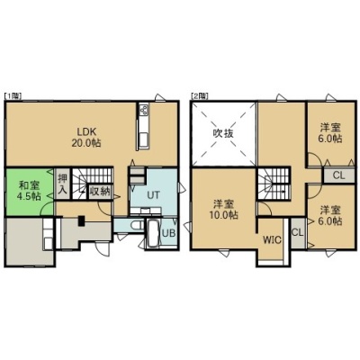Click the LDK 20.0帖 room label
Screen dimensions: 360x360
point(86,137)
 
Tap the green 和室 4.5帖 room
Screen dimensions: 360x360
point(30,192)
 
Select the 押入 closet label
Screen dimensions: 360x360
point(63,184)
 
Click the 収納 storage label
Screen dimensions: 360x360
point(100,192)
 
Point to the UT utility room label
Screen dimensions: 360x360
point(153,195)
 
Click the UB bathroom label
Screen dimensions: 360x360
point(168,233)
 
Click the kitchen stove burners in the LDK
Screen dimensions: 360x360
point(143,109)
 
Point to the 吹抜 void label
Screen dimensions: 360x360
point(223,133)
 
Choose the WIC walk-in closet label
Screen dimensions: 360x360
point(272,240)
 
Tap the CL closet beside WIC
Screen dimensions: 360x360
point(298,232)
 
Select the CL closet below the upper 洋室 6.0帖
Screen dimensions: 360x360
point(339,175)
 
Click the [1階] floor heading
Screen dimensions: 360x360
point(13,96)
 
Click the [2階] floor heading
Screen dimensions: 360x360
point(199,96)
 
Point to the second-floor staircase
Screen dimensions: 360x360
point(273,184)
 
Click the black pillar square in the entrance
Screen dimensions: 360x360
point(81,220)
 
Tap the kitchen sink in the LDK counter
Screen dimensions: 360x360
point(143,140)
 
